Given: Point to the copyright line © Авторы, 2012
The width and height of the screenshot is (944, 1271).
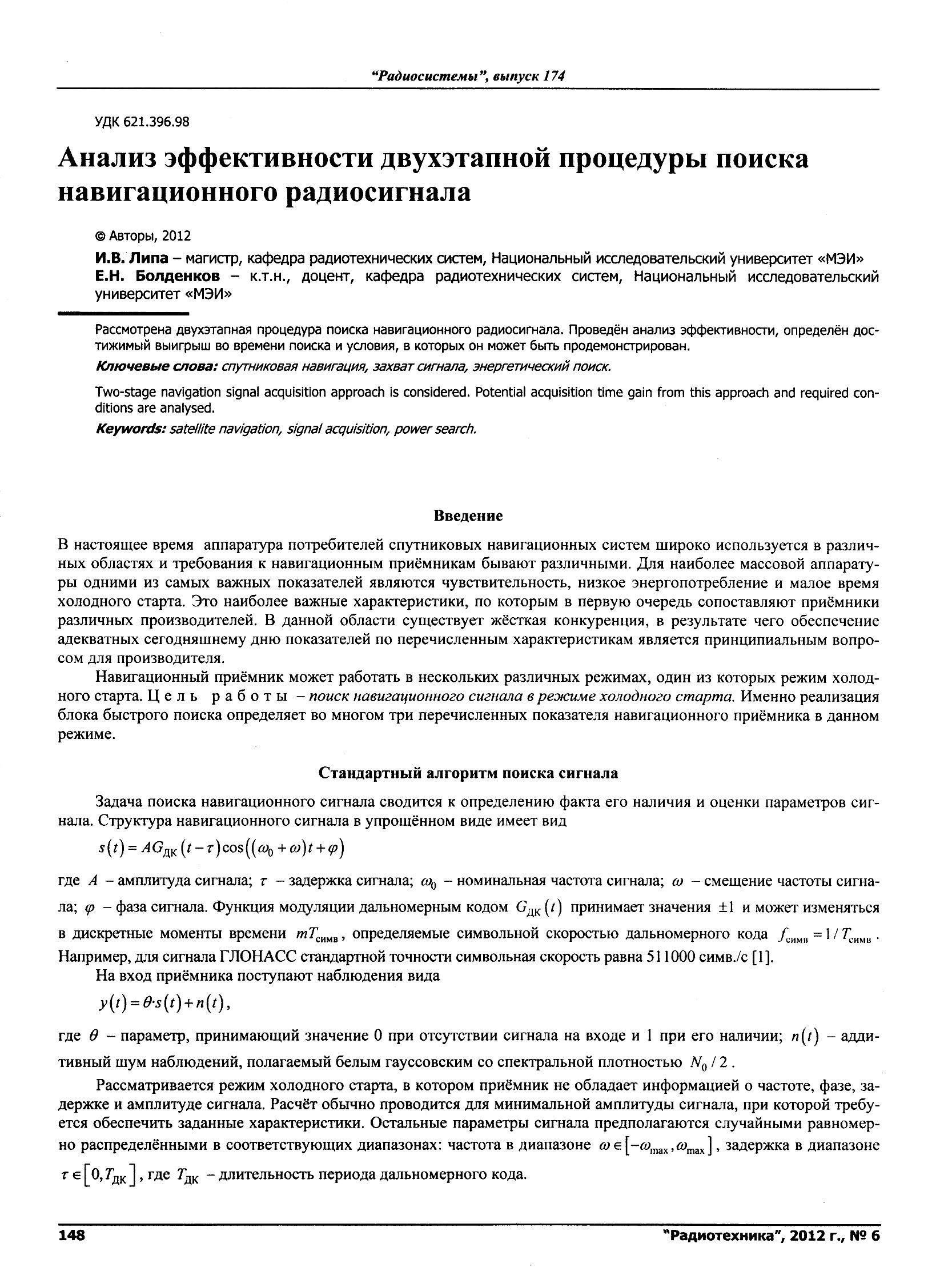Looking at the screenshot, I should coord(143,236).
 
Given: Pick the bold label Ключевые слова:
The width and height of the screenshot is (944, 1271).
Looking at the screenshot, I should coord(156,366).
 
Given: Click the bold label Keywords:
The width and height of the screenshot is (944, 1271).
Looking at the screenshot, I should coord(131,429).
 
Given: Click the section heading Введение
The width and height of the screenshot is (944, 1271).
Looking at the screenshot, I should coord(468,515).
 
